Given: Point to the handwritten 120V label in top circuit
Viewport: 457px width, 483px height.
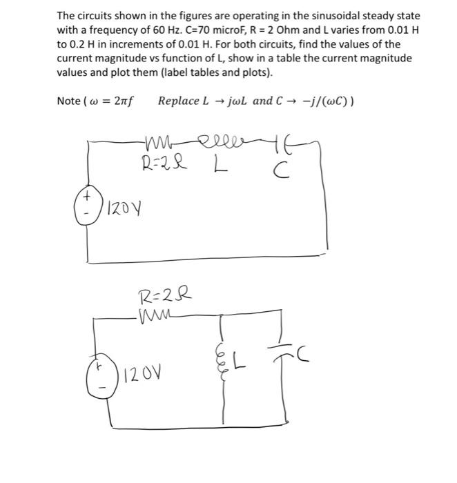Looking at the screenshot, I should pyautogui.click(x=122, y=206).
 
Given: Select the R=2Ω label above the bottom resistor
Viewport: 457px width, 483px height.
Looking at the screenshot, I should pyautogui.click(x=163, y=299).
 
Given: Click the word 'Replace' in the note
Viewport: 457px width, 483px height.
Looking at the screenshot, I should pyautogui.click(x=179, y=101).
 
